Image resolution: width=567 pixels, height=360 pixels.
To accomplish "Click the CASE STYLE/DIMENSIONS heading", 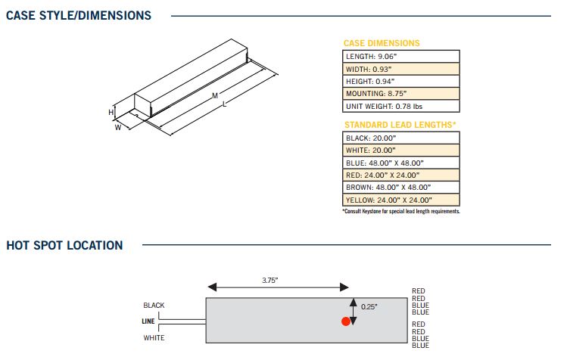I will pyautogui.click(x=79, y=15).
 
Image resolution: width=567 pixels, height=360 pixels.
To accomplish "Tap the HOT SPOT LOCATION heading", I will pyautogui.click(x=64, y=245).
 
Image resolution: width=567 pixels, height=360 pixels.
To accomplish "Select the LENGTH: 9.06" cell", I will pyautogui.click(x=401, y=57).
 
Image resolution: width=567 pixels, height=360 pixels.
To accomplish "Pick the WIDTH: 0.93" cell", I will pyautogui.click(x=401, y=69).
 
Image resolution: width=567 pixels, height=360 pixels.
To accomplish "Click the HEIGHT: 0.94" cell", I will pyautogui.click(x=401, y=81).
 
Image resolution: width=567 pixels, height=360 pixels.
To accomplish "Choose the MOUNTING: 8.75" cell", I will pyautogui.click(x=401, y=94).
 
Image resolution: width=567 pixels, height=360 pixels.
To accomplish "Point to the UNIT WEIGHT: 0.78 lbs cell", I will pyautogui.click(x=401, y=106).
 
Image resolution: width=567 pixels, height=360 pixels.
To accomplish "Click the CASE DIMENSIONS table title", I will pyautogui.click(x=382, y=43).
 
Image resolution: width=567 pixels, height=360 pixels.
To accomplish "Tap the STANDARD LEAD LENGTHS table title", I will pyautogui.click(x=400, y=125).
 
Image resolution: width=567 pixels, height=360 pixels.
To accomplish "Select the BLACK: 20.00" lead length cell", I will pyautogui.click(x=401, y=138).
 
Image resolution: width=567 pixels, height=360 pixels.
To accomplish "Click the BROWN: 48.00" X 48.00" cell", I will pyautogui.click(x=401, y=188).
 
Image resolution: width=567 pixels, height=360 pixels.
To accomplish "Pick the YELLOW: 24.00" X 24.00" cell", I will pyautogui.click(x=401, y=200).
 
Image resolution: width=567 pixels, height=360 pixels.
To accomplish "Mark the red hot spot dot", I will pyautogui.click(x=346, y=321).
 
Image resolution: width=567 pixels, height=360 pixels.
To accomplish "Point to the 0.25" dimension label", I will pyautogui.click(x=369, y=306).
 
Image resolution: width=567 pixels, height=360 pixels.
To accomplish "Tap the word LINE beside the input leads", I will pyautogui.click(x=148, y=321).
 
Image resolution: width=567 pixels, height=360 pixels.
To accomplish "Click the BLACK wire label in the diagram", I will pyautogui.click(x=154, y=306).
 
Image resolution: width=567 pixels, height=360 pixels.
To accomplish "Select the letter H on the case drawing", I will pyautogui.click(x=111, y=112).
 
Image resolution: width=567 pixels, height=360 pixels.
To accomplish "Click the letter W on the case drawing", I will pyautogui.click(x=118, y=128).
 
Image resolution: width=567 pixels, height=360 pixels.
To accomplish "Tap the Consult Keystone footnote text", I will pyautogui.click(x=401, y=212).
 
